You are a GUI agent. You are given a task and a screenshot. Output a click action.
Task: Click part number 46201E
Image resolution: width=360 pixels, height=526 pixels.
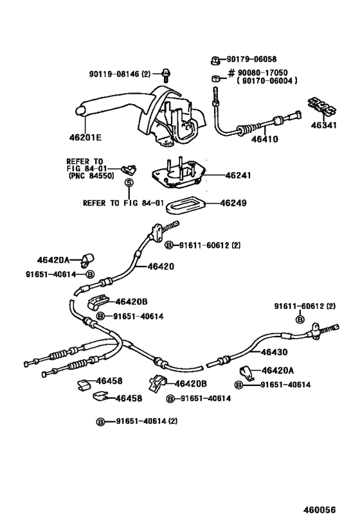pyautogui.click(x=85, y=137)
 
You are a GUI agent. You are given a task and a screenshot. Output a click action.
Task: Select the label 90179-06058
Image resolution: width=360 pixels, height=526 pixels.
pyautogui.click(x=251, y=59)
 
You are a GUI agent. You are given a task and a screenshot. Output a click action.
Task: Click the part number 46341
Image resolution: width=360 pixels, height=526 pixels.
pyautogui.click(x=323, y=125)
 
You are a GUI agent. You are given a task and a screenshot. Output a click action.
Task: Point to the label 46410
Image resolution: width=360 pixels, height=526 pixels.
pyautogui.click(x=265, y=139)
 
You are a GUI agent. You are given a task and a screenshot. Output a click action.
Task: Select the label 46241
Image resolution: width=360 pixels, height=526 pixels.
pyautogui.click(x=238, y=175)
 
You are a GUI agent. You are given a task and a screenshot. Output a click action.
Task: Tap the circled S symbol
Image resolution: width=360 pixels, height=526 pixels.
pyautogui.click(x=129, y=183)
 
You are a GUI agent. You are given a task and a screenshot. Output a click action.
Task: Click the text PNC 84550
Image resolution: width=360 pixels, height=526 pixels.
pyautogui.click(x=91, y=175)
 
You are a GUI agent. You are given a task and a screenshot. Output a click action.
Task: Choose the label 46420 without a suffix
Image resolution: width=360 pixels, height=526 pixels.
pyautogui.click(x=161, y=267)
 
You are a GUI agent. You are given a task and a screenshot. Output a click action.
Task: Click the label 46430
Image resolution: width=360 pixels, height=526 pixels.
pyautogui.click(x=274, y=352)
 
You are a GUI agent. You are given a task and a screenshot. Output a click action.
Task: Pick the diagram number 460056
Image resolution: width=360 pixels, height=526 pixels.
pyautogui.click(x=319, y=509)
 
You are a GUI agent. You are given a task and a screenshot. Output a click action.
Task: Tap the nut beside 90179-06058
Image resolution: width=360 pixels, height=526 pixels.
pyautogui.click(x=215, y=61)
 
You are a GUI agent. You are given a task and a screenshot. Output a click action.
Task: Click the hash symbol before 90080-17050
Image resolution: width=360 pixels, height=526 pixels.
pyautogui.click(x=231, y=73)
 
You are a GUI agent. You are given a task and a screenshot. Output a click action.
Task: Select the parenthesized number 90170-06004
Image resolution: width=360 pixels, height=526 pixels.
pyautogui.click(x=267, y=80)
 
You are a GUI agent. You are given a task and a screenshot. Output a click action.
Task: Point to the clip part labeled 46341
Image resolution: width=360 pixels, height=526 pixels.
pyautogui.click(x=322, y=106)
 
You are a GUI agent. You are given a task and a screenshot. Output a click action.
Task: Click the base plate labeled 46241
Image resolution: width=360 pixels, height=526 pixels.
pyautogui.click(x=177, y=173)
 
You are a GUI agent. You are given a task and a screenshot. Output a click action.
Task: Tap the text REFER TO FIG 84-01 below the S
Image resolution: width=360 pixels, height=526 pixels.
pyautogui.click(x=123, y=203)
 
